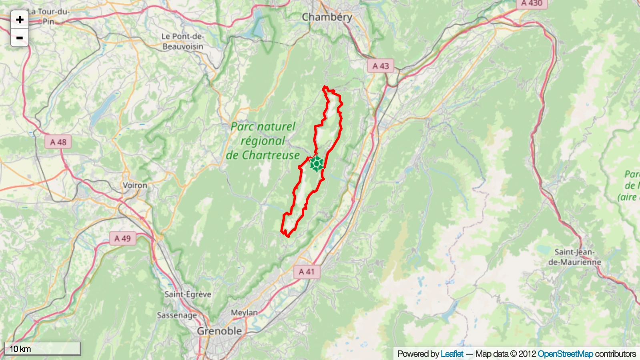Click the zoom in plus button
(x=19, y=20)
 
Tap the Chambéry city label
(x=327, y=17)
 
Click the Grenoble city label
(x=219, y=331)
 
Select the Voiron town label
(x=135, y=185)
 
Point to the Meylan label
(x=244, y=312)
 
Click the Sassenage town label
(x=177, y=315)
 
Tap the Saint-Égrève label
(x=188, y=294)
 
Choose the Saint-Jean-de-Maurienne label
(x=574, y=257)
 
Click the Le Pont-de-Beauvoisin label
(x=183, y=42)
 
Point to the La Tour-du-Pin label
(x=48, y=16)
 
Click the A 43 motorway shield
(x=380, y=66)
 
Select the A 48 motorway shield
(x=58, y=142)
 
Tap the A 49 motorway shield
(x=122, y=239)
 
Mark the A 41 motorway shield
(x=307, y=272)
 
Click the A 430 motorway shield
(x=532, y=4)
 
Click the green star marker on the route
(x=317, y=164)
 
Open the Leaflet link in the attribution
(x=452, y=354)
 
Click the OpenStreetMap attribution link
(x=565, y=354)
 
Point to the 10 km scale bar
(x=42, y=349)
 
